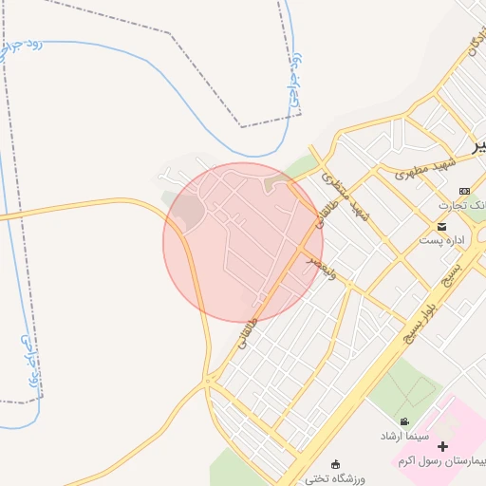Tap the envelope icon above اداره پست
pos(442,226)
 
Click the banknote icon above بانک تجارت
pos(464,191)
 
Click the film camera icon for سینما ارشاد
pos(405,422)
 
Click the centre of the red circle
pos(243,242)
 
